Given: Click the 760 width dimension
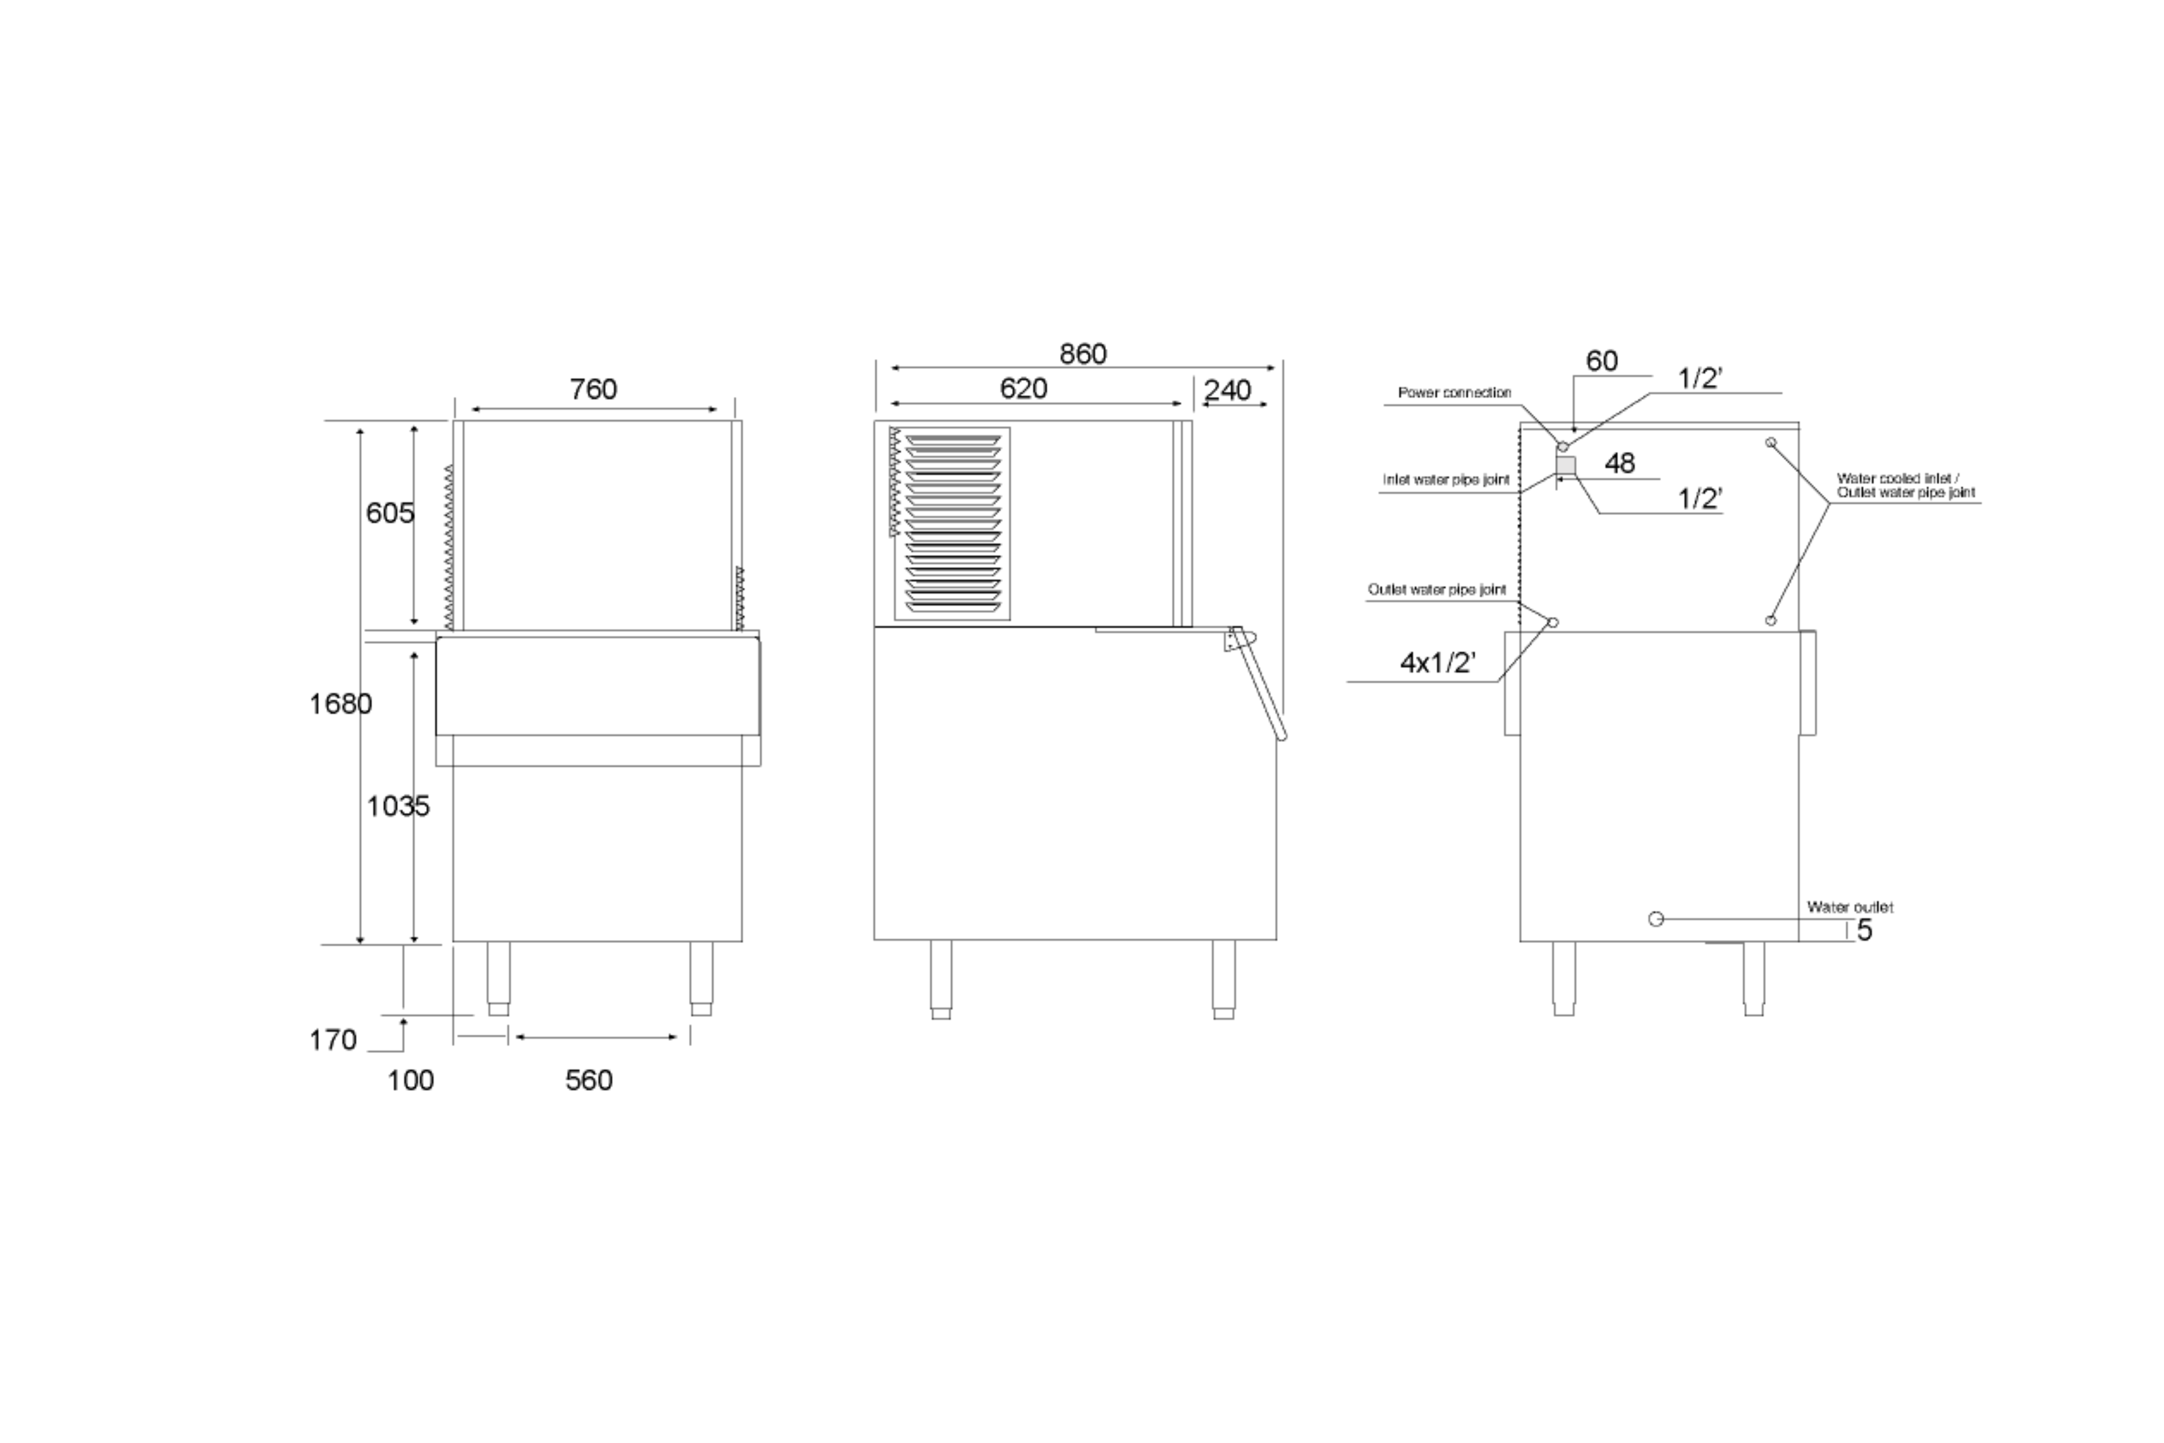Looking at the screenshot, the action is (x=593, y=389).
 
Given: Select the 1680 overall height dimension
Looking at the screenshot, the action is (x=340, y=704).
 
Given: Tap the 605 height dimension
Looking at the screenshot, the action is (x=390, y=513).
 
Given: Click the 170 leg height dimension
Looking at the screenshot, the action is (x=332, y=1040).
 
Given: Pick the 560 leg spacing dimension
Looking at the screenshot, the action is (x=589, y=1079).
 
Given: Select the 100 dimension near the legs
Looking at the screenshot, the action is (x=410, y=1079).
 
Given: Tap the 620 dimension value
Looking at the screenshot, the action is (x=1023, y=388).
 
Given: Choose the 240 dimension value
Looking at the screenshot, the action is (x=1227, y=390).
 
